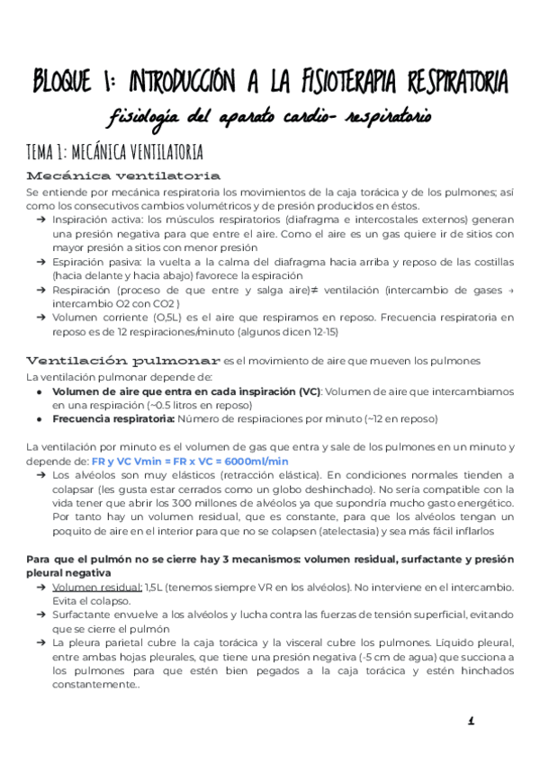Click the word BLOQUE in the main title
[65, 83]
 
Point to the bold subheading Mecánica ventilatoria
[124, 175]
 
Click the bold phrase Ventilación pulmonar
[122, 360]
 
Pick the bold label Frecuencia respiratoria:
[112, 418]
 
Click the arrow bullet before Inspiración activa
[42, 220]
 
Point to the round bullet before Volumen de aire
[40, 392]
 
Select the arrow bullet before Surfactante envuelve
[42, 614]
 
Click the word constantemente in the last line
[95, 684]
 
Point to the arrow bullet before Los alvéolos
[42, 474]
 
